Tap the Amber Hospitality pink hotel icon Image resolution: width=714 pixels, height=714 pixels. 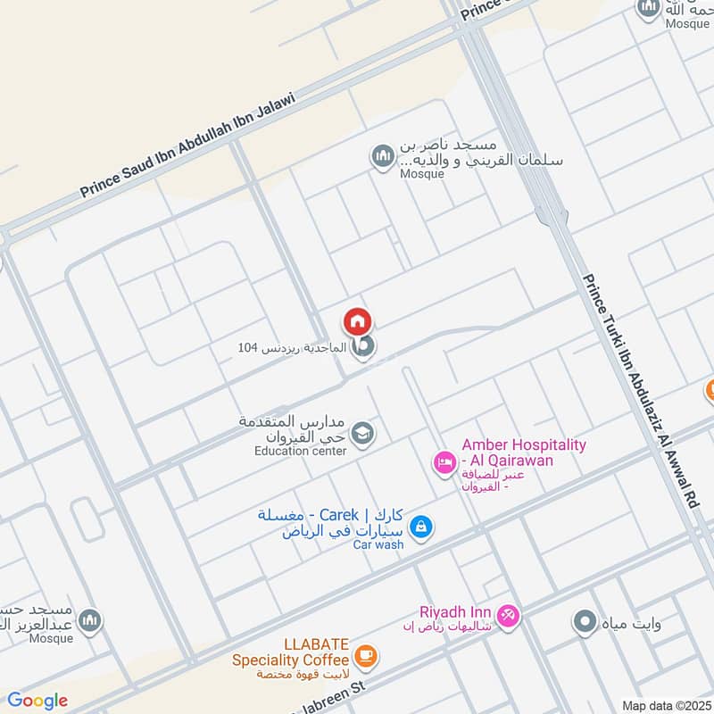443,461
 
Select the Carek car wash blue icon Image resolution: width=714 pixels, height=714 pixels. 422,527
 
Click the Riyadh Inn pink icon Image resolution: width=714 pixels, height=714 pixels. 508,616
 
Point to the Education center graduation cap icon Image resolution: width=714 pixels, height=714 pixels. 362,434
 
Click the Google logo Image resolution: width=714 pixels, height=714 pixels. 37,701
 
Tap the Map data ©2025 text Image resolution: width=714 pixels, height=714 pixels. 666,705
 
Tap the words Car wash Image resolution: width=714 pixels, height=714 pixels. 378,544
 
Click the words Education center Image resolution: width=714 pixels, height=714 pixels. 300,451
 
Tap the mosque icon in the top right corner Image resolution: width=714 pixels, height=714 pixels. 648,8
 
